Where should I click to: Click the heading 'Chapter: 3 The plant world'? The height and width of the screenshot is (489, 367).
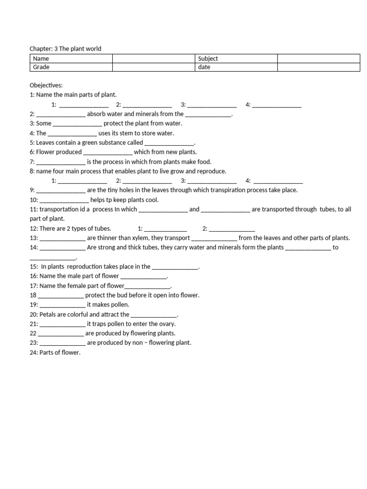pos(65,49)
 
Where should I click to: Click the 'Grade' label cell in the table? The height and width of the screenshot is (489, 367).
pos(40,67)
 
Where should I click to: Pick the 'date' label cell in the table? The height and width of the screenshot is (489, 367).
pos(204,67)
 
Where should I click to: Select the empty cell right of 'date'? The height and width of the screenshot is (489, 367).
pos(318,67)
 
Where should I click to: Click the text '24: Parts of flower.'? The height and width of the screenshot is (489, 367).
pos(55,352)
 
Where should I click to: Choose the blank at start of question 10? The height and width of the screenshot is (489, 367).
pos(64,200)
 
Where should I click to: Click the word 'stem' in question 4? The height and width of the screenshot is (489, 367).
pos(138,133)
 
